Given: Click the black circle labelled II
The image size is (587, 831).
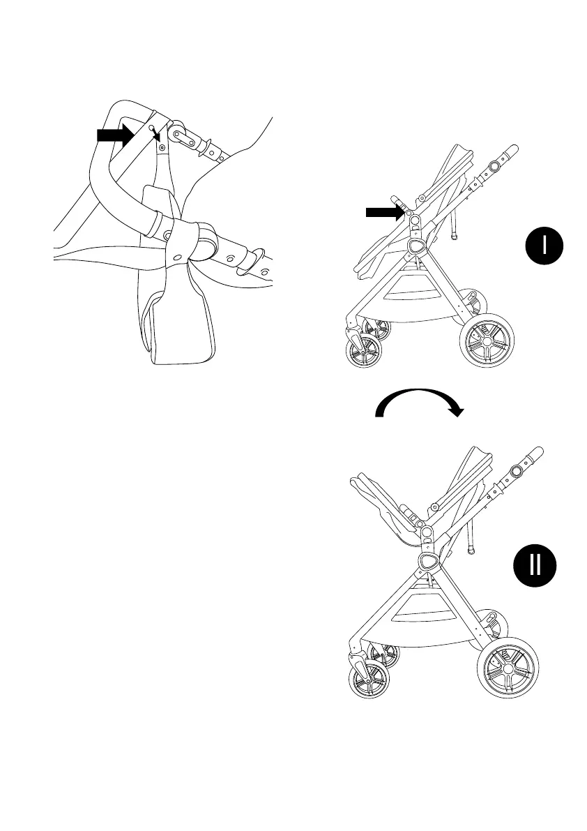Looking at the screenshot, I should pos(535,565).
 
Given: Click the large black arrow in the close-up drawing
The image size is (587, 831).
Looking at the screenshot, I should pos(116,135).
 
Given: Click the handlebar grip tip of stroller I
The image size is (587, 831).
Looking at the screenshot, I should pos(512,149).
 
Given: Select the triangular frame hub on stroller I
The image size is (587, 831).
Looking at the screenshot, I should pos(418,245).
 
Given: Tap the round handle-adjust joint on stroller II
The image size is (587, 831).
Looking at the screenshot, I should pos(516,471).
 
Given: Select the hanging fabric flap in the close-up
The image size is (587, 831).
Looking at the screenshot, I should pos(177,328).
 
